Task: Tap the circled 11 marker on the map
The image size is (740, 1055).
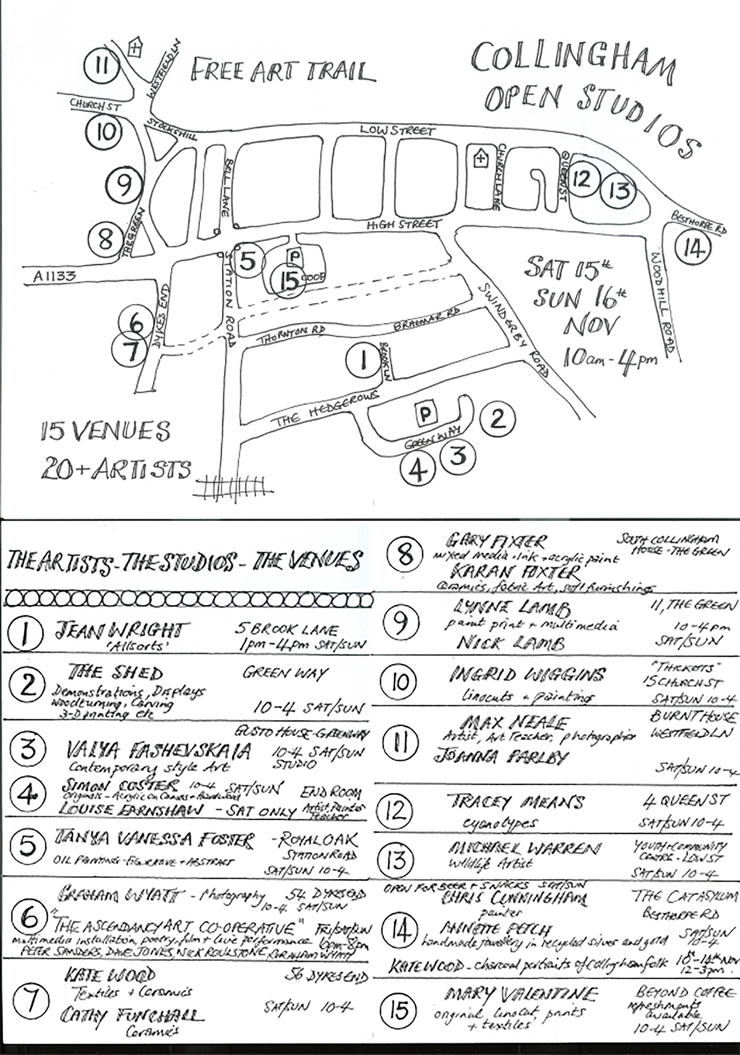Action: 103,67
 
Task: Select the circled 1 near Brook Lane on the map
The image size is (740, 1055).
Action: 363,361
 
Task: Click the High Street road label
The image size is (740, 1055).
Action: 404,225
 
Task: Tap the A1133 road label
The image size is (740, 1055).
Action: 54,275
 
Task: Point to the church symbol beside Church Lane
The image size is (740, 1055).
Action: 480,158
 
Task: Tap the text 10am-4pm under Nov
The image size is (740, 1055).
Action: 609,359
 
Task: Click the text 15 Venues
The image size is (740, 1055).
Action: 106,432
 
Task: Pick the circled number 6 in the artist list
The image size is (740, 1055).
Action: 30,918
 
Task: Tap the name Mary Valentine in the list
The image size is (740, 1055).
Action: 521,995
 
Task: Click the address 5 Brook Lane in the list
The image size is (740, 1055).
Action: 287,630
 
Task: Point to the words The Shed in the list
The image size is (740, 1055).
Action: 116,673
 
